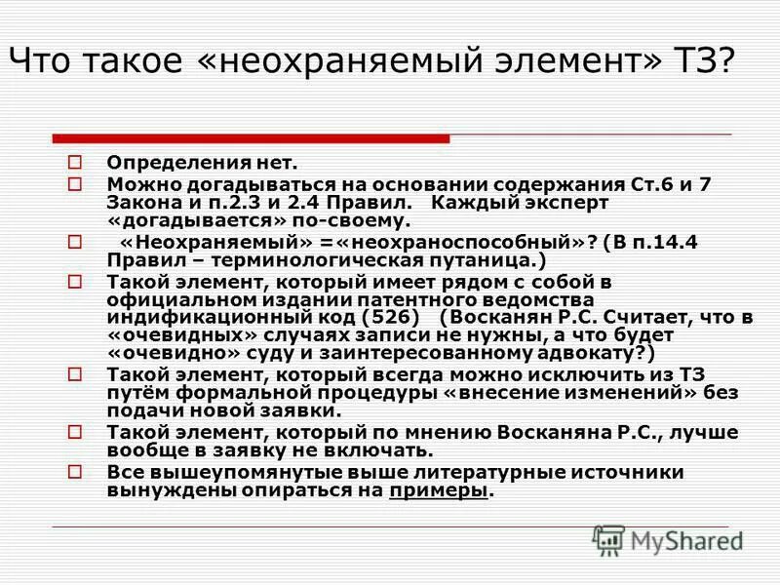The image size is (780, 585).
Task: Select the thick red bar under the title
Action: (251, 138)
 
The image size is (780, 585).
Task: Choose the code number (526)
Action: (390, 318)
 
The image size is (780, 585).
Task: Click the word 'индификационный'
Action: (215, 318)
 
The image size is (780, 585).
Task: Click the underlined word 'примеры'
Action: (438, 490)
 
